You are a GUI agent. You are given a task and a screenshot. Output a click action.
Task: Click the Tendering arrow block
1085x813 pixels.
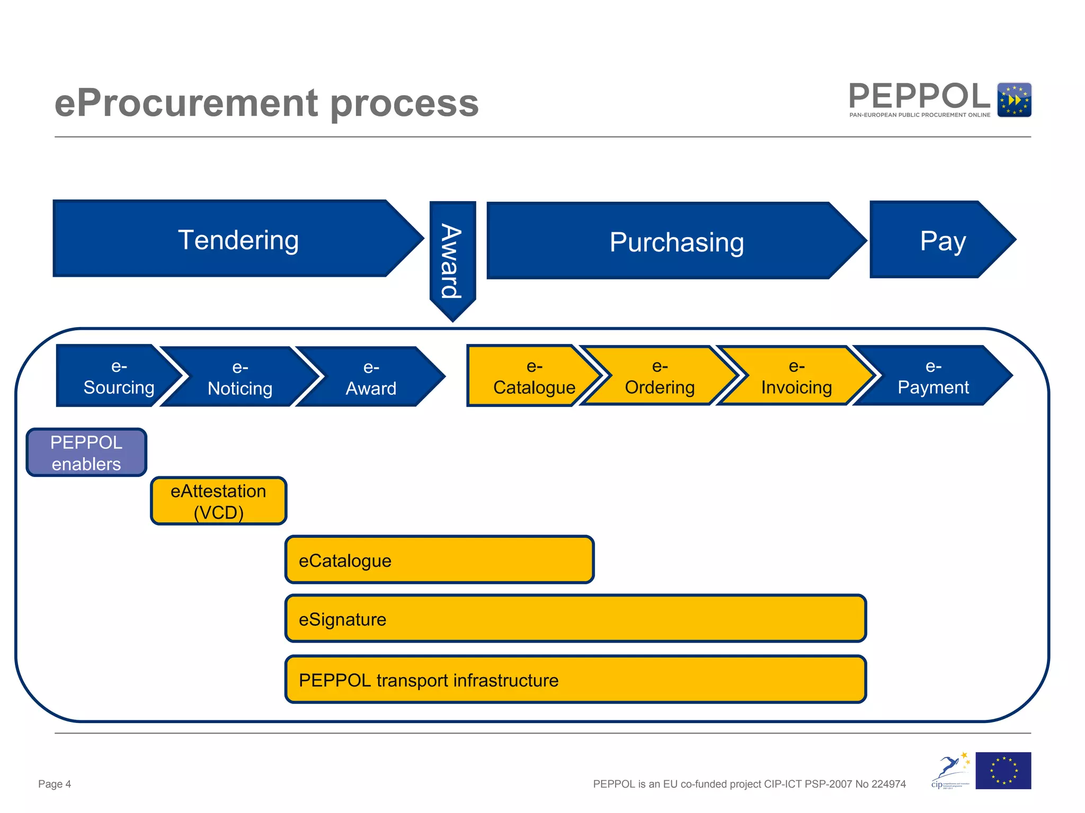(238, 239)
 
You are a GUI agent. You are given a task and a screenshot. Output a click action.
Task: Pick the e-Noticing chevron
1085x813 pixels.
(240, 377)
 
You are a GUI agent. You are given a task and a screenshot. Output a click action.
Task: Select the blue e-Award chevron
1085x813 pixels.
(371, 377)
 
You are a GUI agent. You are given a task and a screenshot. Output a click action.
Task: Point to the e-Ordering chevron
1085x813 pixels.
(659, 376)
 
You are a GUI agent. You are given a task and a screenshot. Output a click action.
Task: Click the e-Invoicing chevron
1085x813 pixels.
(796, 376)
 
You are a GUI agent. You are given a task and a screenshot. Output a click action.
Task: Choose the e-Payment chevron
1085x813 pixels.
(932, 376)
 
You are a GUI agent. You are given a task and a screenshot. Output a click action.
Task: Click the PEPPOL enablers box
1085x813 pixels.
(86, 453)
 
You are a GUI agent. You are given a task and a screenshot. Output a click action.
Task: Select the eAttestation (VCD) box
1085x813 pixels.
(218, 501)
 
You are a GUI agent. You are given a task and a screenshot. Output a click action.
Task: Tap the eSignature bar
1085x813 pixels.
(575, 618)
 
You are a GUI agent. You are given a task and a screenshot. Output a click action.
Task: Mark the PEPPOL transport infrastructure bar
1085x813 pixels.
(575, 680)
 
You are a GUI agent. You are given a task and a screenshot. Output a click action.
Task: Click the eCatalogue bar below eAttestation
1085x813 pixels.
(439, 560)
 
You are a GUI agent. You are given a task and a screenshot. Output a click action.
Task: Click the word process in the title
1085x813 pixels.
(405, 103)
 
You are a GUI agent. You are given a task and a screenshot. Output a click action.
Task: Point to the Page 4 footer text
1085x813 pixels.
(55, 784)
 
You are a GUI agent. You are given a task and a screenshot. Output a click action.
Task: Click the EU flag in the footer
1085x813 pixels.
(1003, 771)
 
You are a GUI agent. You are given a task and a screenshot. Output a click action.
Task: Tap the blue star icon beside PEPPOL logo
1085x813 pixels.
(1013, 100)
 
